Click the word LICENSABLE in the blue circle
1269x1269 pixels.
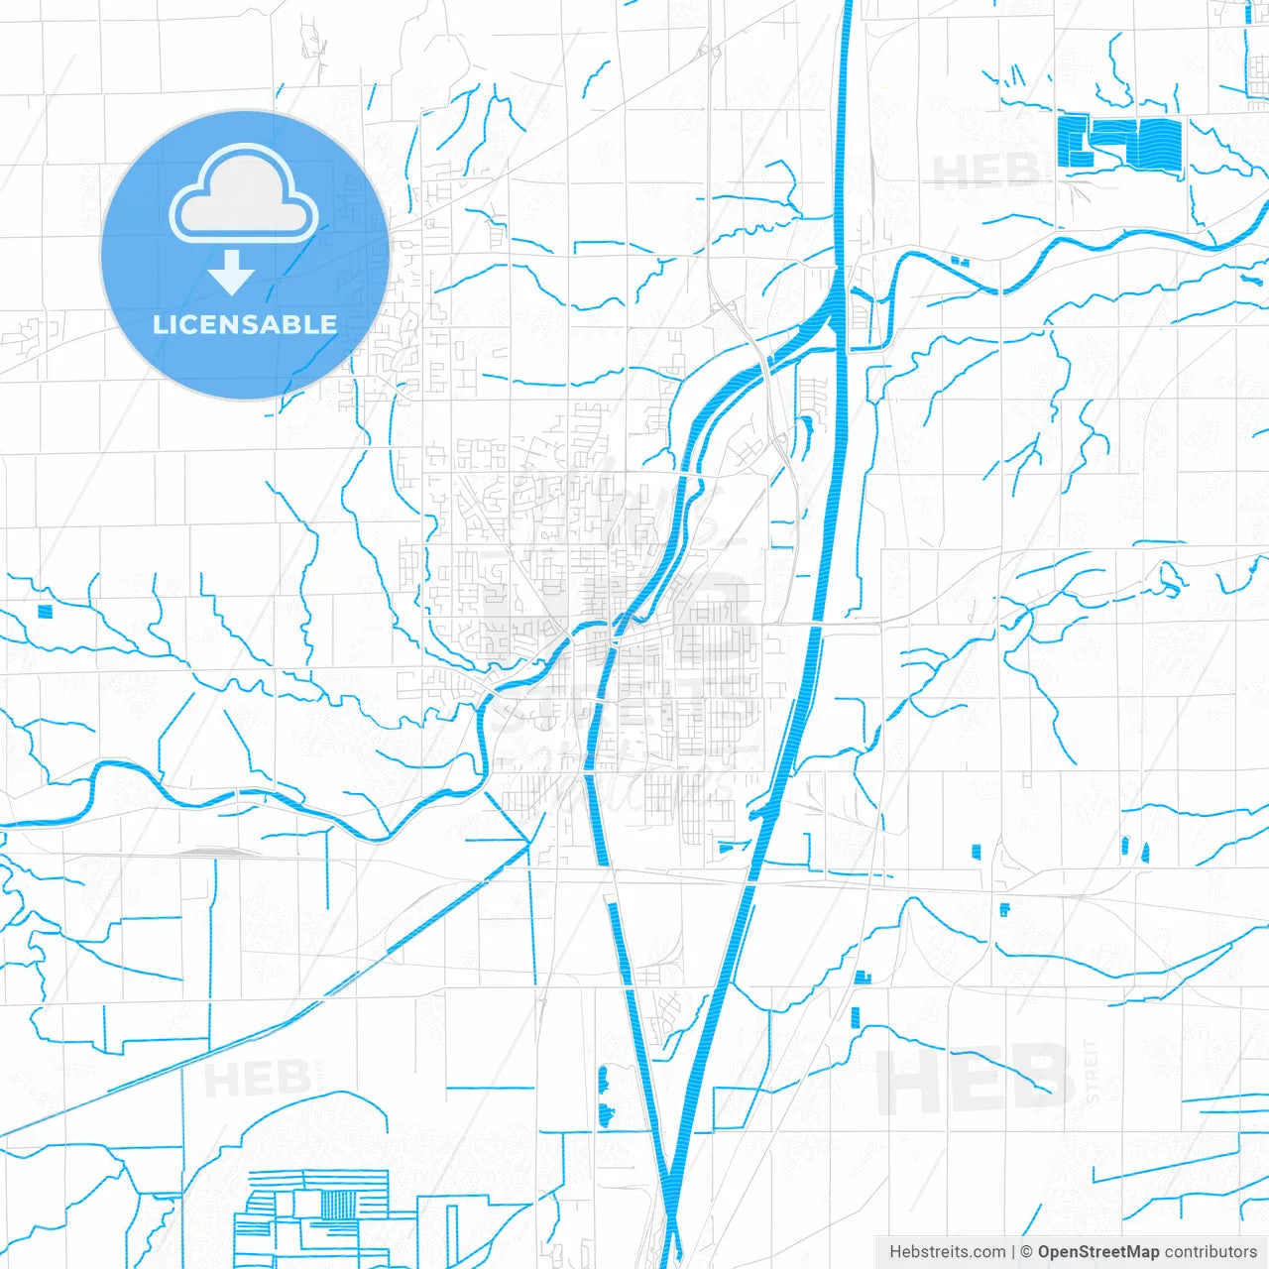click(x=245, y=324)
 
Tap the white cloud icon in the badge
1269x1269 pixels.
click(x=244, y=194)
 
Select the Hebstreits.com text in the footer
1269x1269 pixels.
click(x=947, y=1252)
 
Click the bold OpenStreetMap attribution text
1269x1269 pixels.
click(x=1097, y=1252)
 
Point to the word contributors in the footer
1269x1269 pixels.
click(x=1211, y=1252)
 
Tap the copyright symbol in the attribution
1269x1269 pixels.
click(x=1026, y=1252)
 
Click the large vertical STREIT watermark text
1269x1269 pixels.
click(x=1093, y=1072)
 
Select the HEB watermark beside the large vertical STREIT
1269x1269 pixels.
click(x=977, y=1081)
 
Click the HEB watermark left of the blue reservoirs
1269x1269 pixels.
click(x=986, y=172)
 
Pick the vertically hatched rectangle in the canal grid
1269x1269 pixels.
click(x=338, y=1204)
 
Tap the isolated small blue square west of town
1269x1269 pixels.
click(x=44, y=611)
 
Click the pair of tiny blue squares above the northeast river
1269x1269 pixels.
click(x=959, y=262)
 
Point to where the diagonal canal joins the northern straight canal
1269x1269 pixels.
click(x=838, y=297)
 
